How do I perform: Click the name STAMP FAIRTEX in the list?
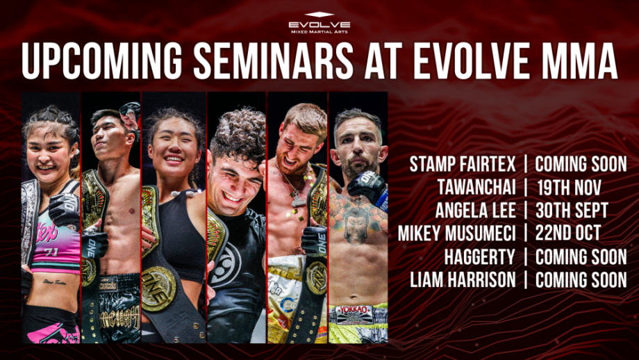(x=462, y=165)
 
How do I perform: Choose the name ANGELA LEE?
(x=474, y=211)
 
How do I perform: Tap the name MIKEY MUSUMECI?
(x=456, y=234)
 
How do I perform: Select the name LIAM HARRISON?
(x=463, y=279)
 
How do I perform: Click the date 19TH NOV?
(x=569, y=188)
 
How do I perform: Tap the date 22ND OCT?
(x=569, y=234)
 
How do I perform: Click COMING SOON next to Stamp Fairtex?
(x=581, y=165)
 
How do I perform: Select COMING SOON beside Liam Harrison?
(x=581, y=279)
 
